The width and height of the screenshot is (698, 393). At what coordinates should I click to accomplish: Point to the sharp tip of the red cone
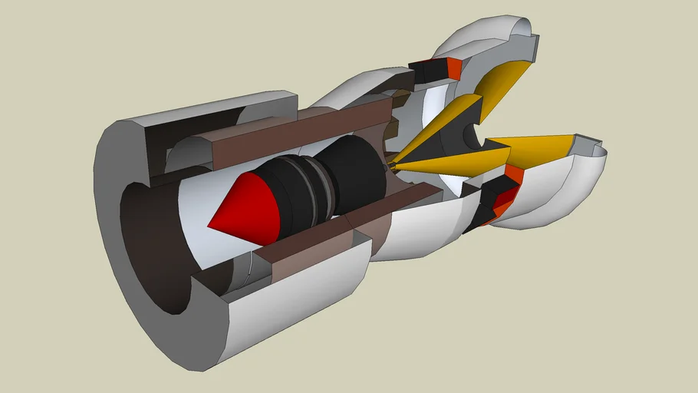[209, 226]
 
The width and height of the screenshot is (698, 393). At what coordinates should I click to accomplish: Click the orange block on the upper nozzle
[453, 70]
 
